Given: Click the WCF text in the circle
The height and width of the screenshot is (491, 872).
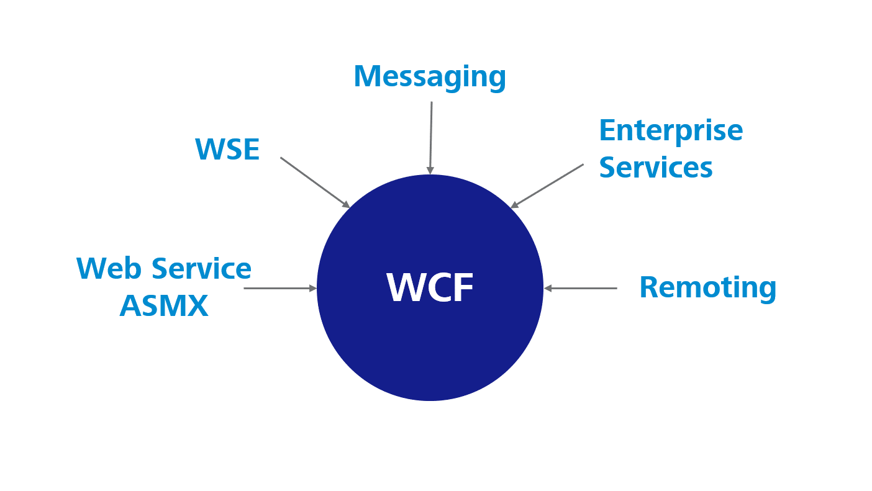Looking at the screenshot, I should click(x=430, y=287).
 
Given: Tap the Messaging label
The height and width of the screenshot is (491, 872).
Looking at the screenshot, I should click(x=430, y=77).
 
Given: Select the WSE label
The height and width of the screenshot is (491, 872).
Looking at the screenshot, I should click(x=227, y=150).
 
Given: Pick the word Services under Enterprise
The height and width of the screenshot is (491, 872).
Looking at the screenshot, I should click(x=656, y=168).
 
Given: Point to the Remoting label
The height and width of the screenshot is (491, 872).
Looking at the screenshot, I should click(x=707, y=287).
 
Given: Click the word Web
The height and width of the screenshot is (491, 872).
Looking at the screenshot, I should click(x=109, y=268).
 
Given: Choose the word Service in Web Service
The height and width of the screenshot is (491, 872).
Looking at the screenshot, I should click(x=201, y=268).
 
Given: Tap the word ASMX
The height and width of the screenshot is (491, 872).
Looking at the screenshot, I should click(x=164, y=305).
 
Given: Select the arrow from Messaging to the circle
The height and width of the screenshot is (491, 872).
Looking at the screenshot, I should click(x=430, y=137).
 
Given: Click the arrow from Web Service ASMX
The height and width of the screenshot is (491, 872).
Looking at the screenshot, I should click(x=279, y=288).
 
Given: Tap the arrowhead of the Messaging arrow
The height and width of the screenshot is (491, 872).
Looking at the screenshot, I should click(x=430, y=171).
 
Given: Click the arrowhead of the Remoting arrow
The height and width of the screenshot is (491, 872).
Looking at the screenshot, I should click(x=548, y=288).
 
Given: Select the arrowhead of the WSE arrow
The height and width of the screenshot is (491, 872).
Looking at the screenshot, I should click(x=346, y=204).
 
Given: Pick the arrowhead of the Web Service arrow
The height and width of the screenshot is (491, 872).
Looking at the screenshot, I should click(x=313, y=288).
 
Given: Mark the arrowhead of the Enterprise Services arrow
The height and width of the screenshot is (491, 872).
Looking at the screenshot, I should click(x=514, y=205).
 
